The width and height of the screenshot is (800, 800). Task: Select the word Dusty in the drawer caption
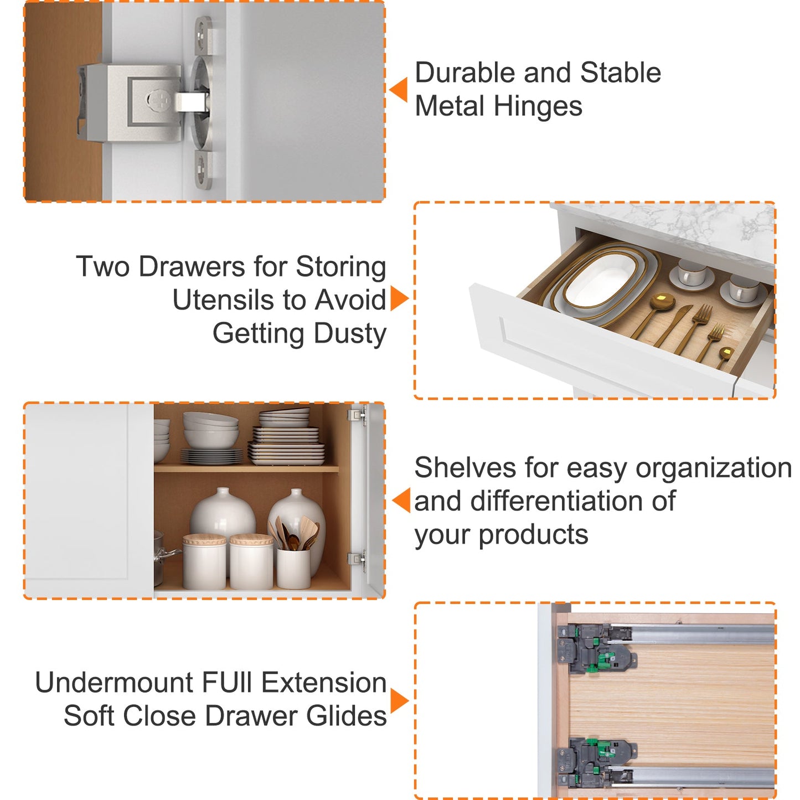coord(350,333)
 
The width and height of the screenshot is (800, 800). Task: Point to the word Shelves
coord(466,467)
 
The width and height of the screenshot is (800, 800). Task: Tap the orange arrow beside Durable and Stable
coord(399,90)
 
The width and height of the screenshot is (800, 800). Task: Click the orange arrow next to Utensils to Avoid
coord(400,298)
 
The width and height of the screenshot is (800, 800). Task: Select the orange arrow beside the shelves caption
coord(401,500)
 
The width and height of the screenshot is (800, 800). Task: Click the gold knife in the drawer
coord(673,327)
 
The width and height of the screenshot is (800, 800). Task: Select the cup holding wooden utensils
coord(293,569)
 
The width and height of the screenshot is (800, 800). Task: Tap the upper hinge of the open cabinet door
coord(357,414)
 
